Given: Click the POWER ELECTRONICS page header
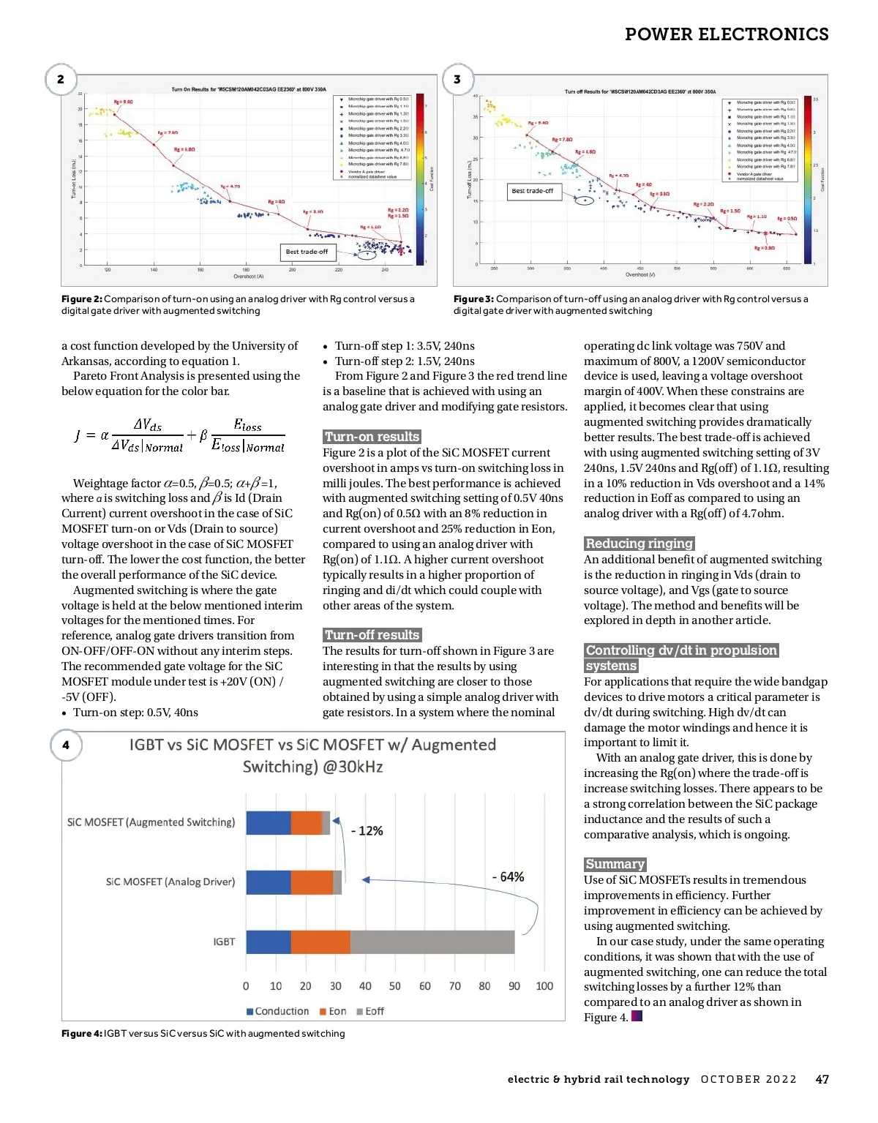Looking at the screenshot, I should (727, 34).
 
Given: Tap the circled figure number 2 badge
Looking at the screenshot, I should (61, 79).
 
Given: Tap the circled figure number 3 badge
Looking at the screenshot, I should (457, 79).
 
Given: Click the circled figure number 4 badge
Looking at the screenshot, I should (66, 745).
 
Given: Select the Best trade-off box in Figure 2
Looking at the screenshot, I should (307, 252).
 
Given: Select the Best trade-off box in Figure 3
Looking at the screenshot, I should (533, 191).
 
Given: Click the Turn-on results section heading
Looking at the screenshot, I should (372, 437).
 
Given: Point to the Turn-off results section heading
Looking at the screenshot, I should (372, 635).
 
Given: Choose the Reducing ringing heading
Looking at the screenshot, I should (639, 544).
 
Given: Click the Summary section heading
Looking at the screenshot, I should (615, 864).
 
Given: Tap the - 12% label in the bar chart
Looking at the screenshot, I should (367, 831).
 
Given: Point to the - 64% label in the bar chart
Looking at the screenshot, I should (509, 876).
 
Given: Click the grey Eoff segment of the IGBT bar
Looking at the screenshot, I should (432, 942).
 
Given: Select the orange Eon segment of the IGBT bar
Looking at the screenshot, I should (320, 942).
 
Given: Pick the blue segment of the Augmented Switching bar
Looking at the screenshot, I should (268, 822).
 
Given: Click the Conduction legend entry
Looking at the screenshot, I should (278, 1011).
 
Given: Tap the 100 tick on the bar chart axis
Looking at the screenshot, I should (544, 986).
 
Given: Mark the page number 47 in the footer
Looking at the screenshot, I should (822, 1079).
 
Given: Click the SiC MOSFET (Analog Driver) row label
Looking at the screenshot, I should (170, 882).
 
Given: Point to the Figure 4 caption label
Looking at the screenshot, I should (81, 1033).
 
